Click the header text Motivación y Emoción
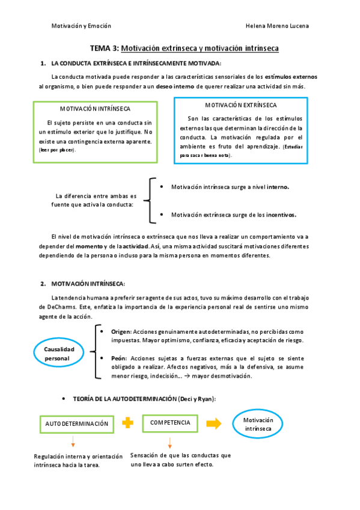pyautogui.click(x=81, y=26)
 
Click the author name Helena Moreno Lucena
pyautogui.click(x=278, y=26)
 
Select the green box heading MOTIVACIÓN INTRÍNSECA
pyautogui.click(x=96, y=109)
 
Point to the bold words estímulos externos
pyautogui.click(x=291, y=77)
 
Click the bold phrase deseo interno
pyautogui.click(x=174, y=87)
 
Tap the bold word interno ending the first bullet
pyautogui.click(x=278, y=187)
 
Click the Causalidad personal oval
pyautogui.click(x=58, y=354)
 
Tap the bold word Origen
pyautogui.click(x=120, y=332)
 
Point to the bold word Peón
pyautogui.click(x=118, y=357)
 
